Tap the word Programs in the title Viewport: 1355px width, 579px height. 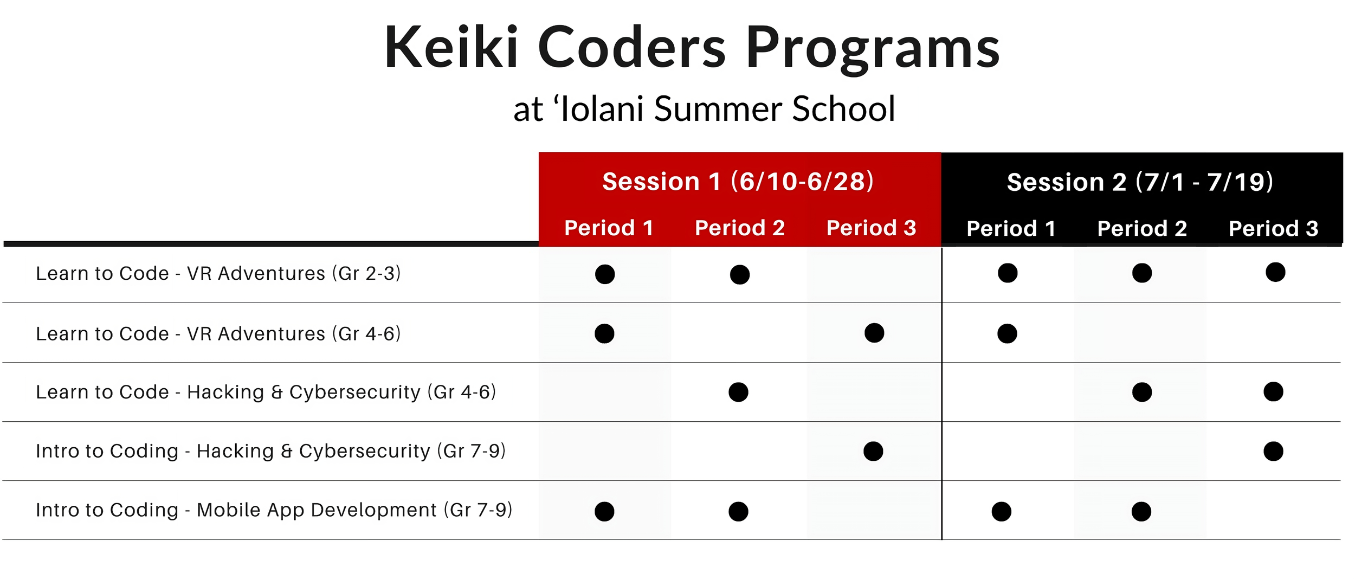873,49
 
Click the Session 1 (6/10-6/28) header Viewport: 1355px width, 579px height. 738,182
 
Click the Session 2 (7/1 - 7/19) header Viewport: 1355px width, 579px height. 1140,182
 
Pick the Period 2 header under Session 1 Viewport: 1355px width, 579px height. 740,228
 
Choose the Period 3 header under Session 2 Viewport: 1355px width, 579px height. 1273,229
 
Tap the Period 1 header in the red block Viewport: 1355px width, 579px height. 609,228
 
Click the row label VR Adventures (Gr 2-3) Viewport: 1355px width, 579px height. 218,273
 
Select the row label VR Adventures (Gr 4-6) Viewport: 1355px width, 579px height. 218,333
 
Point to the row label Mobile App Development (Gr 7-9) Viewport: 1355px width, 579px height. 274,510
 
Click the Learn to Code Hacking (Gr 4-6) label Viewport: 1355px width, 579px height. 266,392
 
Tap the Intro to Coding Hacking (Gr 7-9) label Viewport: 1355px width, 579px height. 270,451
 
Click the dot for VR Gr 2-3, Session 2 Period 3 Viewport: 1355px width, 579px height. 1275,272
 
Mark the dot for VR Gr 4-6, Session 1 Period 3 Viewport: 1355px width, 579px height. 874,333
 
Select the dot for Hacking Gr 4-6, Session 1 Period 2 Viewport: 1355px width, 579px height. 738,392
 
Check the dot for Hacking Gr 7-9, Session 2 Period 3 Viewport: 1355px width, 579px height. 1273,451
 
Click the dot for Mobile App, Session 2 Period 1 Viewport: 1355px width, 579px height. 1002,512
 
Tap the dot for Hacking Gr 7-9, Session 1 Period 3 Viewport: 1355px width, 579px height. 873,451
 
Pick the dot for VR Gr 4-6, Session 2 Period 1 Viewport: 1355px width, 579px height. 1007,333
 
